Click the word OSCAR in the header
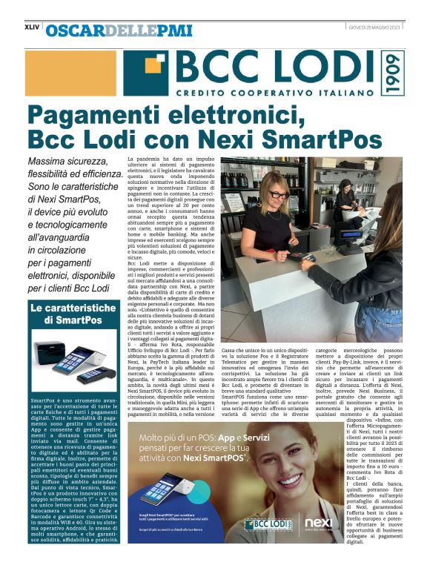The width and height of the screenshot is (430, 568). pos(70,30)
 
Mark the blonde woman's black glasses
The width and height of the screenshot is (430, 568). pos(277,194)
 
